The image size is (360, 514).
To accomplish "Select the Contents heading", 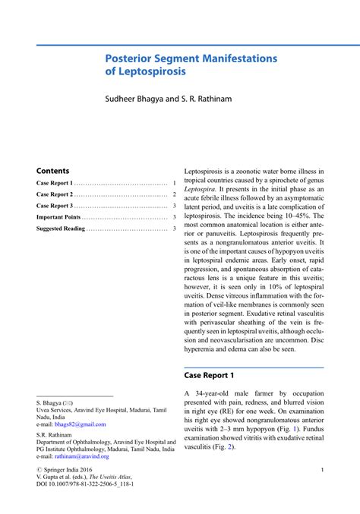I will point(52,171).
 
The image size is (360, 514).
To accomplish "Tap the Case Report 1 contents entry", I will point(55,184).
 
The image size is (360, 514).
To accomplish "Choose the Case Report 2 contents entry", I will point(55,195).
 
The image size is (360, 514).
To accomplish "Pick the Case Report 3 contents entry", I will point(55,206).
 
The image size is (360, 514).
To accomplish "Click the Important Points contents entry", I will point(58,217).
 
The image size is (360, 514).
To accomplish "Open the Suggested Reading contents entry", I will point(61,229).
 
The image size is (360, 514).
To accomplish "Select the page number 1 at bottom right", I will point(322,470).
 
